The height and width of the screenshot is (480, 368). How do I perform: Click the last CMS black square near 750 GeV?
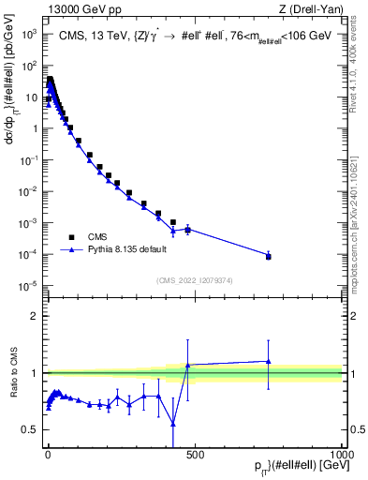[269, 256]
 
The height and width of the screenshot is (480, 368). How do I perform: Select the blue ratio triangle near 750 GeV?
[269, 361]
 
